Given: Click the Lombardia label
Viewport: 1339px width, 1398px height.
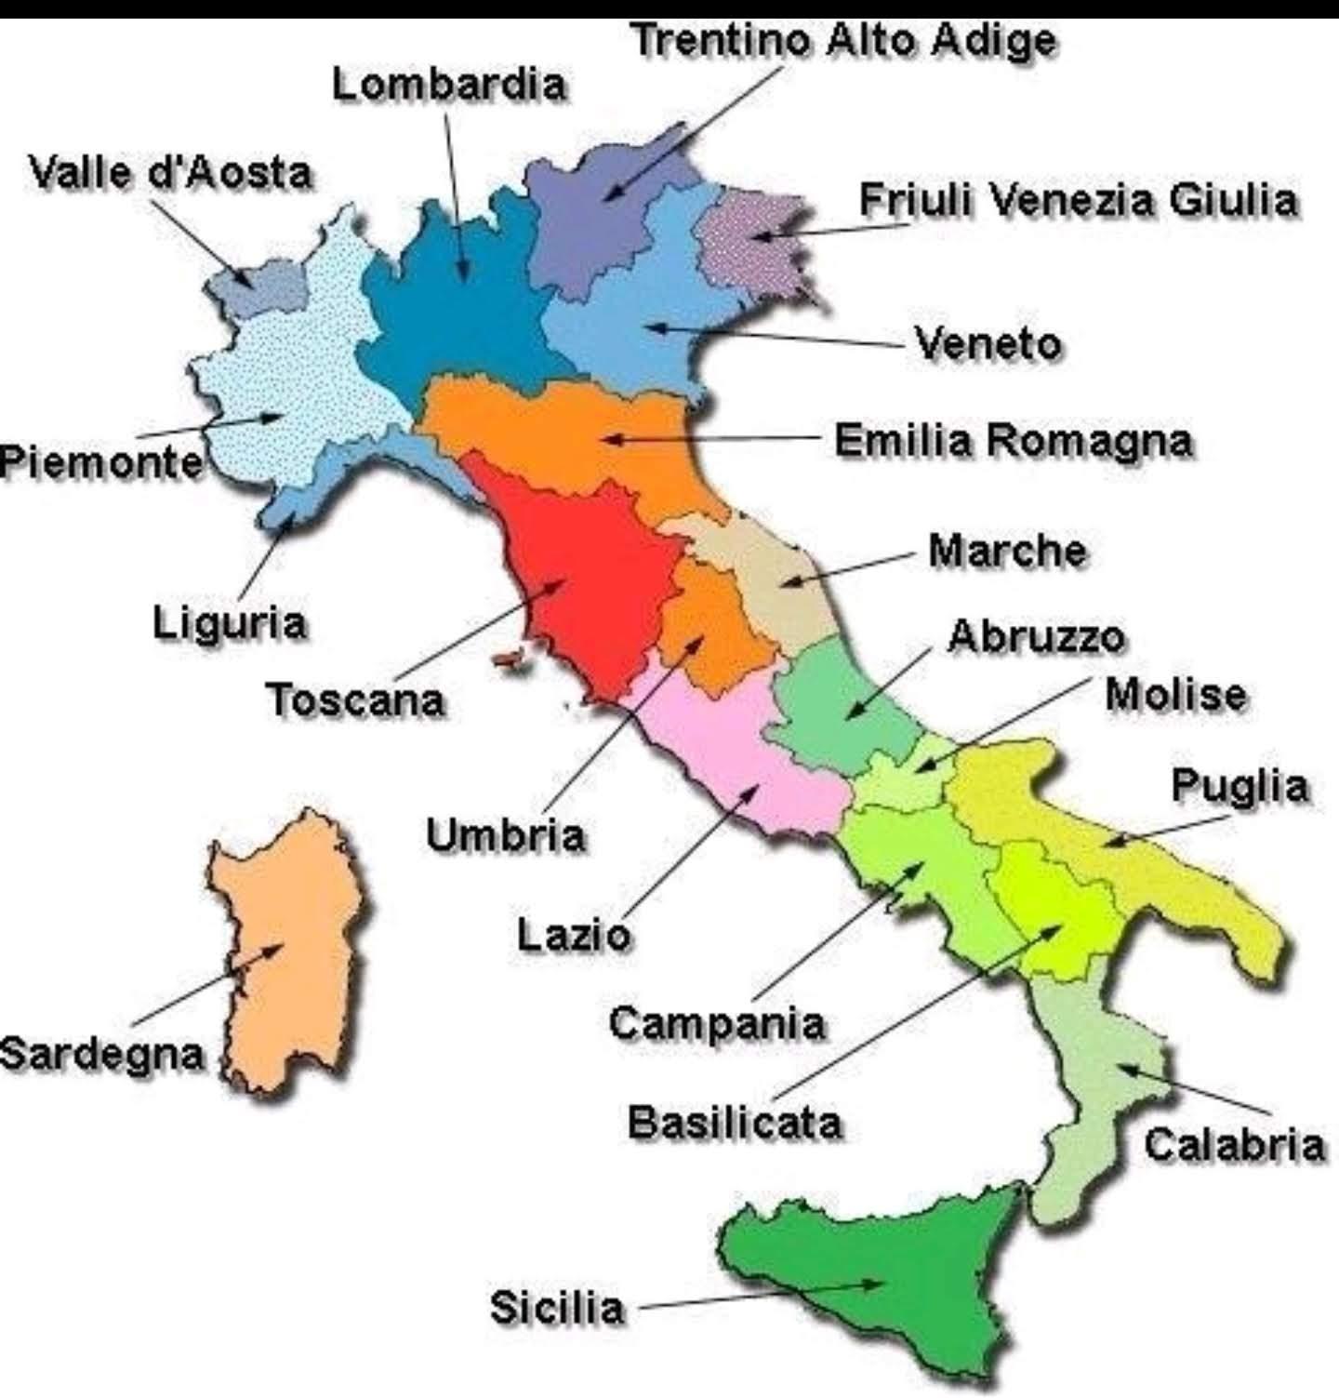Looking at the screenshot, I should tap(449, 85).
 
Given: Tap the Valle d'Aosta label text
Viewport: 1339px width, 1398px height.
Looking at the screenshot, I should tap(170, 173).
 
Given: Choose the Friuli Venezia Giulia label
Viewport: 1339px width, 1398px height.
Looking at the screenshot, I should tap(1078, 200).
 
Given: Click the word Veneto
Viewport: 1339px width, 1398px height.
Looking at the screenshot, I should tap(988, 343).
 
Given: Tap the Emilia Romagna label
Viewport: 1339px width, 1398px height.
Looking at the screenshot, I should tap(1013, 440).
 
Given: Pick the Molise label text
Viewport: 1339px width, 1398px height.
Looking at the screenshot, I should tap(1175, 695).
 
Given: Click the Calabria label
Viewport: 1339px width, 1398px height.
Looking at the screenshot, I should tap(1233, 1144).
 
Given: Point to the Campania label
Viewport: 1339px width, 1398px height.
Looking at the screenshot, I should tap(717, 1023).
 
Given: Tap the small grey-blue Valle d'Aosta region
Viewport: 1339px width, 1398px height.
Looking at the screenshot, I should tap(260, 284).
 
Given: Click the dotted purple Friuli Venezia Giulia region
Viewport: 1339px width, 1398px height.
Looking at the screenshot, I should tap(749, 237).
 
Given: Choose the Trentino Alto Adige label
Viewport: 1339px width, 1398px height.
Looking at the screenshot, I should tap(843, 40).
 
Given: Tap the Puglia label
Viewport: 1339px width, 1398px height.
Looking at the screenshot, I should tap(1239, 786).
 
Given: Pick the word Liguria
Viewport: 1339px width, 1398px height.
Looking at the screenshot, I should tap(229, 621).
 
